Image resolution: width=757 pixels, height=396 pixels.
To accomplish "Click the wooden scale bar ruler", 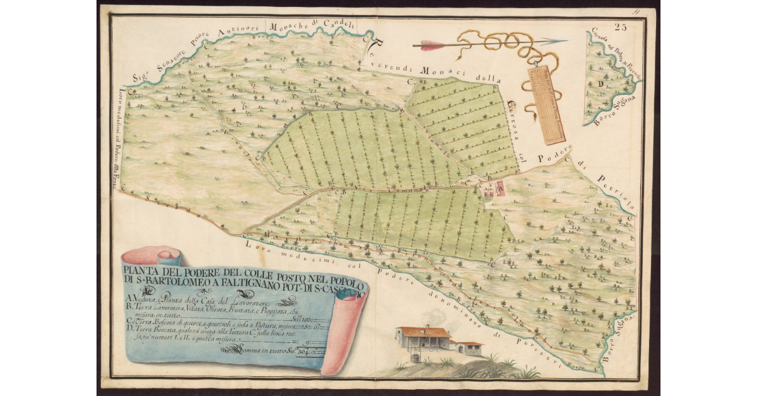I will (546, 103).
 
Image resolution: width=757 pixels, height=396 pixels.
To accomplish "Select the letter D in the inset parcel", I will (602, 83).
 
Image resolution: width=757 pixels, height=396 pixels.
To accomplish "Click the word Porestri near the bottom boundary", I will (532, 342).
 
